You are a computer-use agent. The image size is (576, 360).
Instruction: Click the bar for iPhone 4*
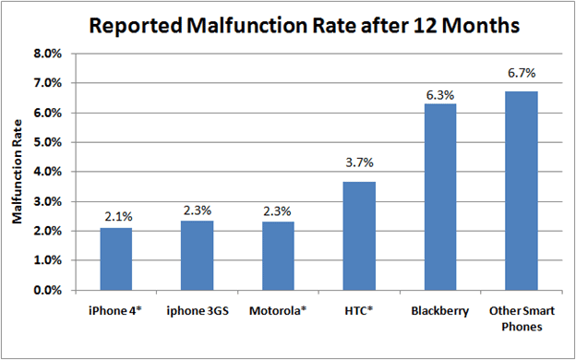tap(116, 259)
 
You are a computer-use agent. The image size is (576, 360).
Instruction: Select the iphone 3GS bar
tap(197, 256)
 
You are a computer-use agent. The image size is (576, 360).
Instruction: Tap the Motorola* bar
tap(278, 256)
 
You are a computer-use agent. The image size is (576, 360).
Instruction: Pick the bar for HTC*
tap(359, 235)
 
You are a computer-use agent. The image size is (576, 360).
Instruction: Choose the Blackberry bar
tap(440, 197)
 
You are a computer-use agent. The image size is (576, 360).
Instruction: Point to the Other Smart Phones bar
tap(522, 191)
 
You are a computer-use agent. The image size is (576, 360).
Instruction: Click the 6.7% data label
tap(522, 74)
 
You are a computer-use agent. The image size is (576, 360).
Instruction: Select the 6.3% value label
tap(440, 95)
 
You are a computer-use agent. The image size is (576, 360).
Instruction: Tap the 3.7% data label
tap(359, 162)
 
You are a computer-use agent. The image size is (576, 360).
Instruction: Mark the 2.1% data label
tap(117, 217)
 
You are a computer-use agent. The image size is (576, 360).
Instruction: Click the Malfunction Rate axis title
tap(17, 172)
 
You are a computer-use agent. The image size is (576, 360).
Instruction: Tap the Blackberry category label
tap(440, 311)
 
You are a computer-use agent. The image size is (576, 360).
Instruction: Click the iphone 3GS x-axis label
tap(197, 311)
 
